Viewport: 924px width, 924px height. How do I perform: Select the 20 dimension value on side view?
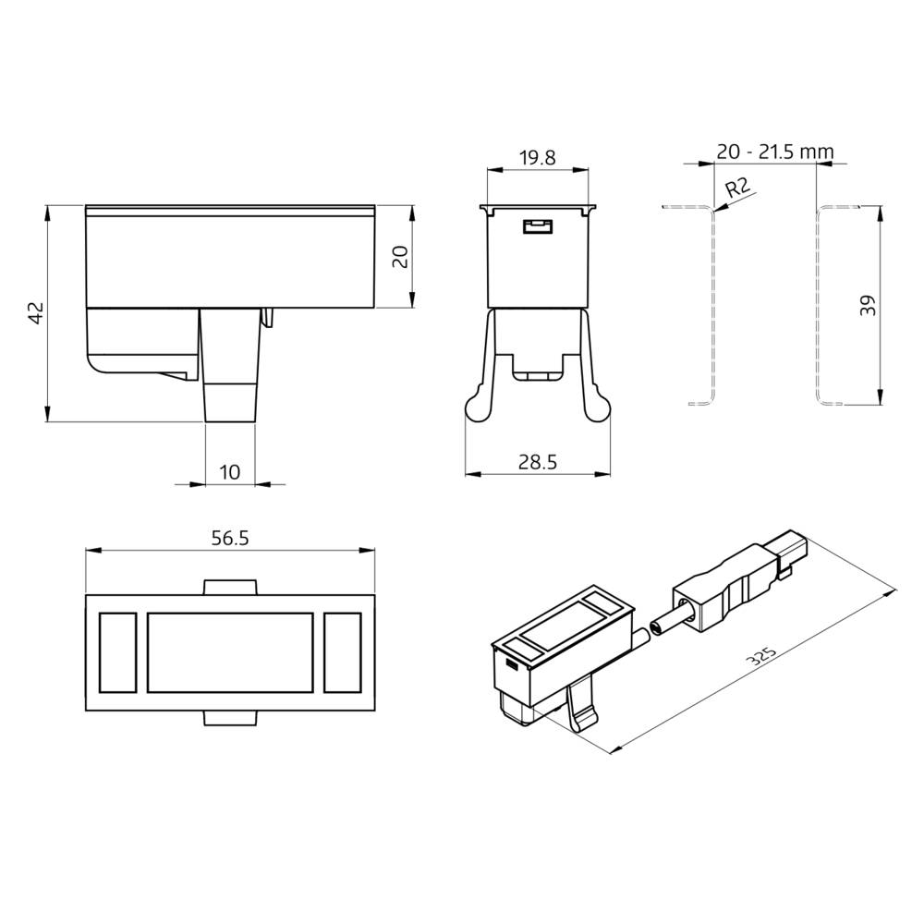pyautogui.click(x=399, y=256)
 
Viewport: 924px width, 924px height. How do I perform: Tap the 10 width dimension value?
pyautogui.click(x=229, y=472)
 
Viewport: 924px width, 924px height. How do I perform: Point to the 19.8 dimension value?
pyautogui.click(x=537, y=158)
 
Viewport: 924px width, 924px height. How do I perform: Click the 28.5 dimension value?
pyautogui.click(x=538, y=463)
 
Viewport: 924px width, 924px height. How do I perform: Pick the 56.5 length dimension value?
pyautogui.click(x=229, y=539)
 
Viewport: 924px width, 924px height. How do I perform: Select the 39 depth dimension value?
pyautogui.click(x=868, y=306)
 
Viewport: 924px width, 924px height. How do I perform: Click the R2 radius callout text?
pyautogui.click(x=736, y=189)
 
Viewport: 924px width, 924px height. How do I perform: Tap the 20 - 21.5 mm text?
pyautogui.click(x=775, y=151)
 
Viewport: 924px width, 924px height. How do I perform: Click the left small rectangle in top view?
pyautogui.click(x=116, y=652)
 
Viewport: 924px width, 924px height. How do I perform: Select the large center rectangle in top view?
pyautogui.click(x=230, y=652)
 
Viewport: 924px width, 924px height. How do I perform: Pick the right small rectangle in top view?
pyautogui.click(x=343, y=652)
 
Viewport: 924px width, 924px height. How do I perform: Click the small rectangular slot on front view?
pyautogui.click(x=536, y=226)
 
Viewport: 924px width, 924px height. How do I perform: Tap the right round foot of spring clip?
pyautogui.click(x=598, y=406)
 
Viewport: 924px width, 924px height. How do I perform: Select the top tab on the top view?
pyautogui.click(x=229, y=587)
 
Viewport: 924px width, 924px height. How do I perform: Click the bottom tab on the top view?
pyautogui.click(x=229, y=718)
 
